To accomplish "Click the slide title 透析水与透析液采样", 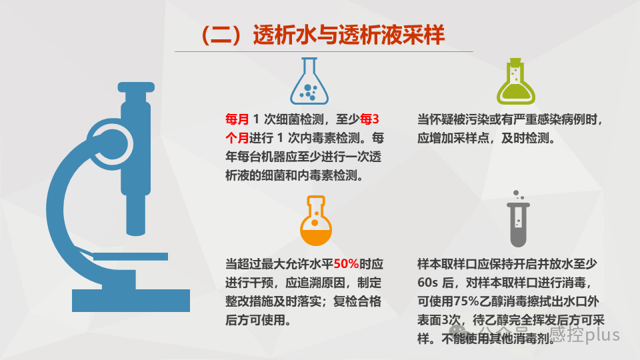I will tap(323, 35).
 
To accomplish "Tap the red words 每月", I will tap(237, 120).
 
